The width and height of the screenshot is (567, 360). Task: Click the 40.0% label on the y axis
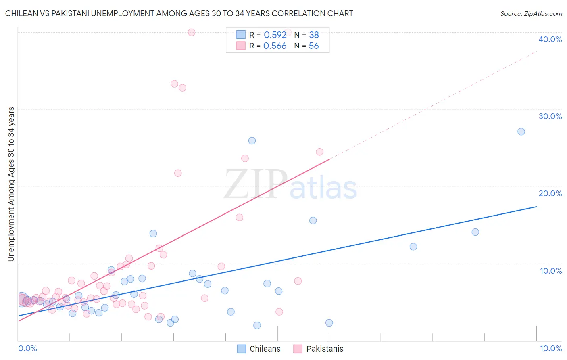click(x=550, y=39)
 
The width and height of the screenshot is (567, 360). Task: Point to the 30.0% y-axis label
click(x=550, y=116)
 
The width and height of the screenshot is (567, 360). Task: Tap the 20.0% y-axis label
click(x=550, y=193)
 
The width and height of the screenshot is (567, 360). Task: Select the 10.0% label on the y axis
click(x=551, y=271)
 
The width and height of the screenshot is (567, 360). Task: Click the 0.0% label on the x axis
click(x=27, y=348)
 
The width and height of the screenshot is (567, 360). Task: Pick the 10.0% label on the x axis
click(x=550, y=348)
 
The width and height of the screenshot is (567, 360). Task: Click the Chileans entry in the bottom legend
click(x=265, y=349)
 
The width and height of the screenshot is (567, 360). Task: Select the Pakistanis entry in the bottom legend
click(x=325, y=349)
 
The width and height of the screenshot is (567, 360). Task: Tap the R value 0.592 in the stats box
click(x=275, y=35)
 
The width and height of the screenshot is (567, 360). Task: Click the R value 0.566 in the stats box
click(x=275, y=46)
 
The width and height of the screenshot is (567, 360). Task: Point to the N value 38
click(x=314, y=35)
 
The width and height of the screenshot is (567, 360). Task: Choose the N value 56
click(x=314, y=46)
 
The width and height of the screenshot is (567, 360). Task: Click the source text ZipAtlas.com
click(x=531, y=14)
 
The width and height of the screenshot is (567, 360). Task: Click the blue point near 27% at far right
click(x=521, y=132)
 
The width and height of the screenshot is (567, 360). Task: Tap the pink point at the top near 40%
click(x=192, y=32)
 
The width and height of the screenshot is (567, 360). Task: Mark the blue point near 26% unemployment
click(x=252, y=141)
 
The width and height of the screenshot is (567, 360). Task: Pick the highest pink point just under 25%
click(x=319, y=152)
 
